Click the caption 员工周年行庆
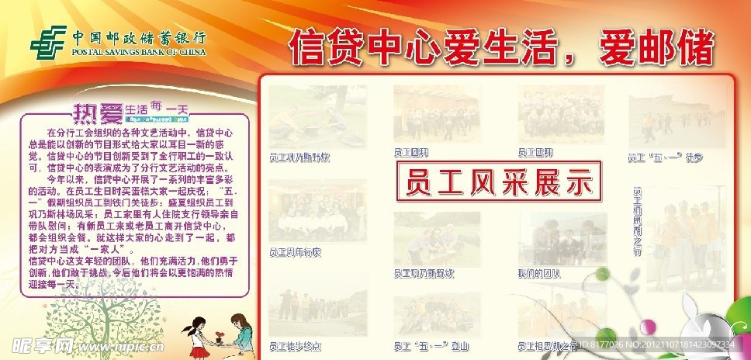(296, 253)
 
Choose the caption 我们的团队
(538, 274)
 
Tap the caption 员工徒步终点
(296, 346)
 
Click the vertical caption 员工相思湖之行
(638, 221)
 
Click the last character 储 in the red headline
(694, 48)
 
